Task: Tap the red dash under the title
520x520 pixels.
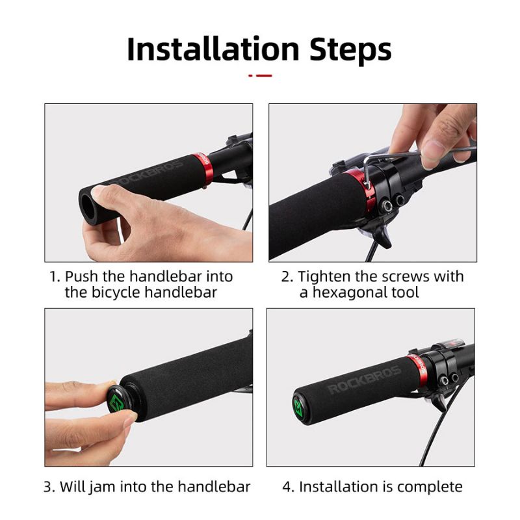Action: pos(260,75)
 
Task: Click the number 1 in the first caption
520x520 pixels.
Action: pos(54,276)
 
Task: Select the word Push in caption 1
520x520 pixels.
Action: pos(81,276)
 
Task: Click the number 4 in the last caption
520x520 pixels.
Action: pos(287,487)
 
